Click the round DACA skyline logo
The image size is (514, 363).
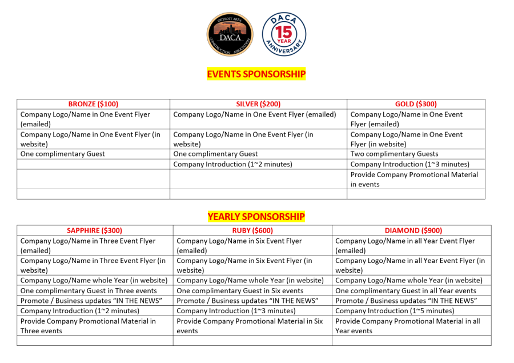230,35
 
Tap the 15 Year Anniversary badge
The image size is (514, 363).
284,35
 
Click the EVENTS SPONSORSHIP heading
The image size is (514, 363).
256,74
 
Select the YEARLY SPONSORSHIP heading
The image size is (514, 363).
256,217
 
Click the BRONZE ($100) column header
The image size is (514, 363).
93,104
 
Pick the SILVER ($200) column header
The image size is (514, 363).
258,104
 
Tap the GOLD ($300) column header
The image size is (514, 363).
416,104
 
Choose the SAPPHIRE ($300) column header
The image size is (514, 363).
94,230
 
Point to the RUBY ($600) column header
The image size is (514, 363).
252,230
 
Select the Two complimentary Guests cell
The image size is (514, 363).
395,154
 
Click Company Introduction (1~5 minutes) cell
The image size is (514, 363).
395,311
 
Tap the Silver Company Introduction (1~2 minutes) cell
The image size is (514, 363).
232,164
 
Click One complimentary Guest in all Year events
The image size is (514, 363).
405,290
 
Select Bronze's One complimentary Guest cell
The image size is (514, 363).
63,154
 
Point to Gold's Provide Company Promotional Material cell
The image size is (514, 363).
414,179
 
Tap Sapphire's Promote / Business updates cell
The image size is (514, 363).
91,301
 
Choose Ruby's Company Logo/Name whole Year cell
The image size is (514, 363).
250,280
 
